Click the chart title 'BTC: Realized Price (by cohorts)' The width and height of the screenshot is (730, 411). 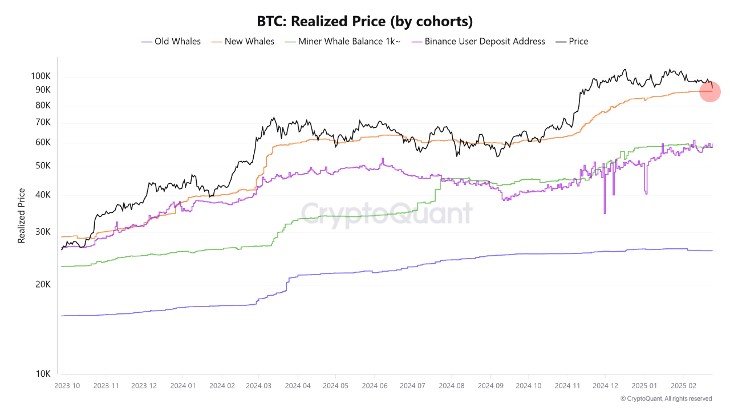(x=365, y=22)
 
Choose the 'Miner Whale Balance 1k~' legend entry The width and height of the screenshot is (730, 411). (x=342, y=41)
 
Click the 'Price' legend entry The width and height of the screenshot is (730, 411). (x=572, y=41)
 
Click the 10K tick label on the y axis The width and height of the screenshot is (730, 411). (x=43, y=374)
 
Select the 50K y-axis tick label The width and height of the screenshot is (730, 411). (x=43, y=166)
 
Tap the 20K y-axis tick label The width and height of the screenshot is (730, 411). (x=43, y=284)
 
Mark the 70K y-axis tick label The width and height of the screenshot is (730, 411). (x=43, y=122)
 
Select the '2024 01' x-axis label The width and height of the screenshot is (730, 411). (x=183, y=386)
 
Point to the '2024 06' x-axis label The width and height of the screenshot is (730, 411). (x=374, y=386)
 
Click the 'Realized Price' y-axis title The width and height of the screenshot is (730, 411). (x=22, y=216)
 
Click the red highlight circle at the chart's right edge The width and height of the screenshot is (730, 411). (x=709, y=91)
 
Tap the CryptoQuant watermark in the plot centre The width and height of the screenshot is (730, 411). (x=387, y=213)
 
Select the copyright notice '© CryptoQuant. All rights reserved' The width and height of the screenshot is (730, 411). (x=666, y=398)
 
